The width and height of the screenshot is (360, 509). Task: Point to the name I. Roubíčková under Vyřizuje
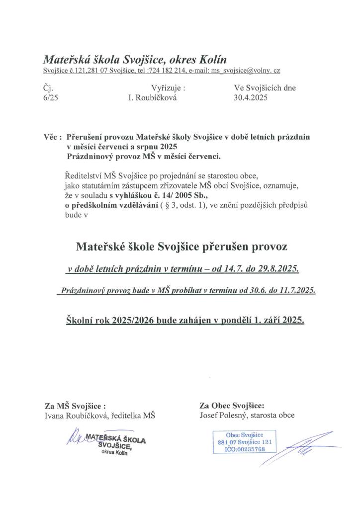tap(152, 98)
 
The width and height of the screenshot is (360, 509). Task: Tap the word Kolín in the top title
tap(211, 60)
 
